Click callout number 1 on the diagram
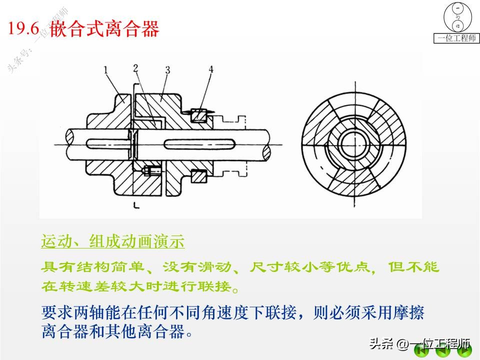(x=106, y=71)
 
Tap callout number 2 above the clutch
(x=136, y=68)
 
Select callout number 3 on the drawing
(x=168, y=69)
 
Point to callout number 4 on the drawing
(x=210, y=70)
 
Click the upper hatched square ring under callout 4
(x=199, y=116)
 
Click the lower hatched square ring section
(x=199, y=176)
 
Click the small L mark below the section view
(x=135, y=204)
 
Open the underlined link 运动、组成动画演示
(x=113, y=242)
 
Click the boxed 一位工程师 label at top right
(x=456, y=38)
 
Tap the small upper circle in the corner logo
(x=457, y=8)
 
